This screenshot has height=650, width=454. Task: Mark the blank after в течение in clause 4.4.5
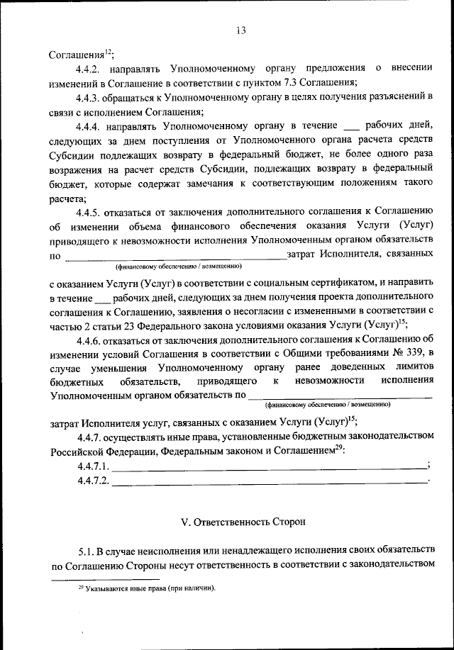click(103, 296)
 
